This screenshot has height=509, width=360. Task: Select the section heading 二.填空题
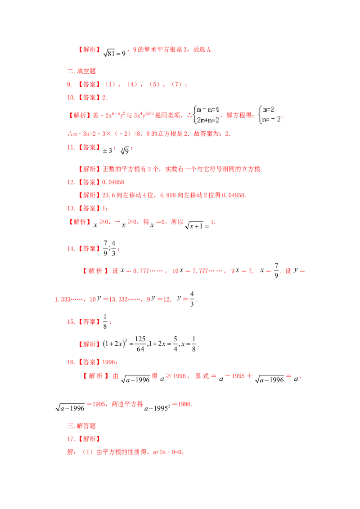(81, 71)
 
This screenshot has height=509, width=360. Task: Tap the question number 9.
(70, 85)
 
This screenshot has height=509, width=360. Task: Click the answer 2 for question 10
(104, 98)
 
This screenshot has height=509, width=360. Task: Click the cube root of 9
(125, 150)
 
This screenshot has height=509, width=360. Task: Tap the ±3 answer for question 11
(107, 150)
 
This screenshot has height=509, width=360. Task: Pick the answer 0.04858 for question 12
(113, 182)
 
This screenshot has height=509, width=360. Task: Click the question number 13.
(71, 208)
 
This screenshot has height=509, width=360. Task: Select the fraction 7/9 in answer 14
(105, 248)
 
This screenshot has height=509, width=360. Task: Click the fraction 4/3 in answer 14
(113, 248)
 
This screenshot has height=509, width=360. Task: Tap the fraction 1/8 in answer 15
(105, 321)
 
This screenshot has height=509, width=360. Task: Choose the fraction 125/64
(140, 344)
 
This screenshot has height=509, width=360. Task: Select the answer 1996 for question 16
(108, 362)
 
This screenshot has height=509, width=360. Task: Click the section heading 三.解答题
(81, 425)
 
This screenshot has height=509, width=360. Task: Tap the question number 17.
(71, 439)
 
